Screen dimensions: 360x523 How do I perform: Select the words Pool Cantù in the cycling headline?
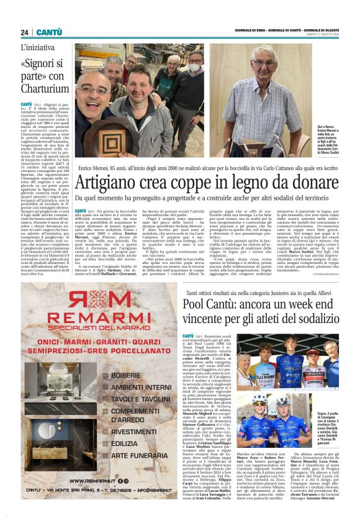pyautogui.click(x=210, y=306)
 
